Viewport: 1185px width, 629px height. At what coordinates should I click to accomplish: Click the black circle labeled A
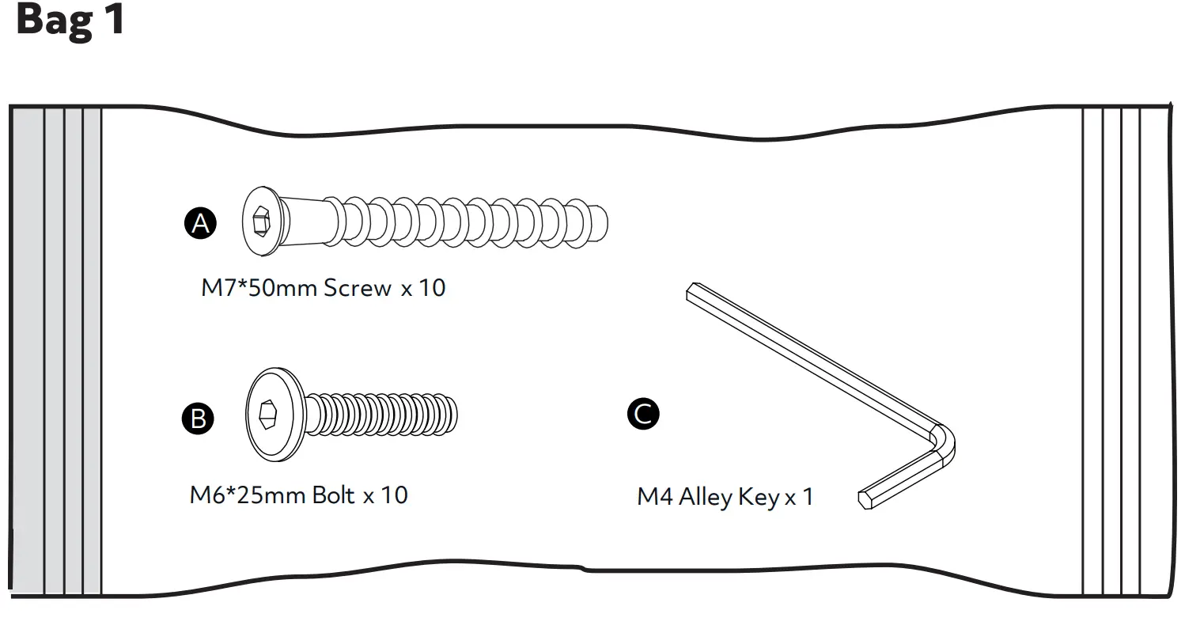[201, 223]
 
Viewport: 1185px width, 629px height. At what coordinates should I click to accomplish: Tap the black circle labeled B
[198, 417]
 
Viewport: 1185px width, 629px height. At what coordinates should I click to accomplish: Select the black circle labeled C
[643, 414]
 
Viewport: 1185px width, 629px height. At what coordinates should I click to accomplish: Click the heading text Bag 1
[70, 21]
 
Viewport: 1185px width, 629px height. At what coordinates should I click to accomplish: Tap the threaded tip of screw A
[599, 222]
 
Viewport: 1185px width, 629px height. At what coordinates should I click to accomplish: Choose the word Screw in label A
[358, 287]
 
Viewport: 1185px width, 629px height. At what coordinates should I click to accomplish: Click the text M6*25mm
[247, 495]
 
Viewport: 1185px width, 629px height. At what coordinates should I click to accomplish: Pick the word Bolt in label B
[334, 495]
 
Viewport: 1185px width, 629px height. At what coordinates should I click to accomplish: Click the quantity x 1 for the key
[798, 498]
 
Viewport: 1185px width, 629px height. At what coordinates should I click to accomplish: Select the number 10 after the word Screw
[432, 287]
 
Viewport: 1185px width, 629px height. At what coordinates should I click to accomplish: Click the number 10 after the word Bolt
[394, 495]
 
